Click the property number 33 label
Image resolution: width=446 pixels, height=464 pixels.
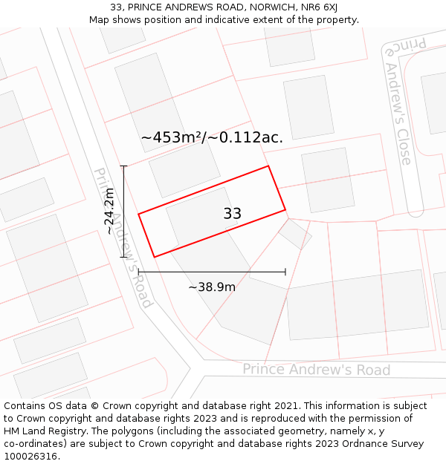point(232,214)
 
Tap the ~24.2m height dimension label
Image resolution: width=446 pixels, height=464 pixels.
point(110,212)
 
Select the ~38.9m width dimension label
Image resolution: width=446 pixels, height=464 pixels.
point(212,287)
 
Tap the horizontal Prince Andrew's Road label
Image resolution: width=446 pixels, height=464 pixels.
point(316,370)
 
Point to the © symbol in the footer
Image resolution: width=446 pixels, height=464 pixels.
point(94,406)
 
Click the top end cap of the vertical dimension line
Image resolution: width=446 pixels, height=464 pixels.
point(124,166)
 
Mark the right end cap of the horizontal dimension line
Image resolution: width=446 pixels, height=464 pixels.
point(285,272)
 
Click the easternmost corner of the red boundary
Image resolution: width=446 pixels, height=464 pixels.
point(285,210)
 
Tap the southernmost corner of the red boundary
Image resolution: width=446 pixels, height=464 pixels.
point(154,257)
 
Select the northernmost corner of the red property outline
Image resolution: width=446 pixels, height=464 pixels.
point(268,166)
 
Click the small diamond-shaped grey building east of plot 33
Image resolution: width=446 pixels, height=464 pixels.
point(295,234)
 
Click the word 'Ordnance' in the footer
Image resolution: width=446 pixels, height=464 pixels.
point(356,444)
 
